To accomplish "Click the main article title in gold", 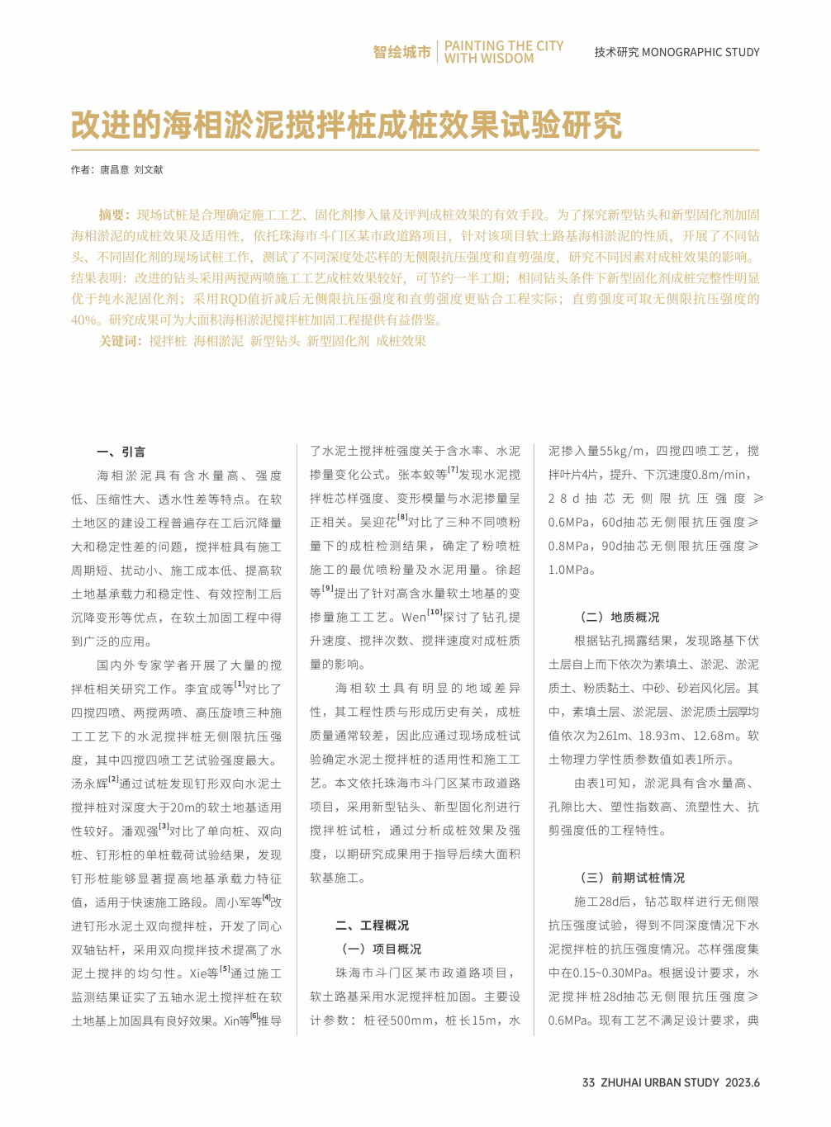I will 346,125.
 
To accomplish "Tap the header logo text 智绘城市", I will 401,52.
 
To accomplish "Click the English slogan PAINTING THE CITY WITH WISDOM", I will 503,52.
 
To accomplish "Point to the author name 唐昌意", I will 114,169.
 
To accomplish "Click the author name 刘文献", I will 149,169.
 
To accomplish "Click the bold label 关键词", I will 120,341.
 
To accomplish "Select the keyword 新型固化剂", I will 338,341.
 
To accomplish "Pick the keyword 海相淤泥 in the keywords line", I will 218,341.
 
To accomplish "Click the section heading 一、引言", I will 121,452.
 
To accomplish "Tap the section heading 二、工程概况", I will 372,926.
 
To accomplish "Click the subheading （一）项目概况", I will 378,949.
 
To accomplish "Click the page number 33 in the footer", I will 588,1082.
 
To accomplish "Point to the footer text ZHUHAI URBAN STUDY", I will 660,1082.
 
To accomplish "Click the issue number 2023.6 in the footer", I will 743,1082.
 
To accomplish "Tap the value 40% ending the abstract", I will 84,320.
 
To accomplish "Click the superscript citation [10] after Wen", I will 434,613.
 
